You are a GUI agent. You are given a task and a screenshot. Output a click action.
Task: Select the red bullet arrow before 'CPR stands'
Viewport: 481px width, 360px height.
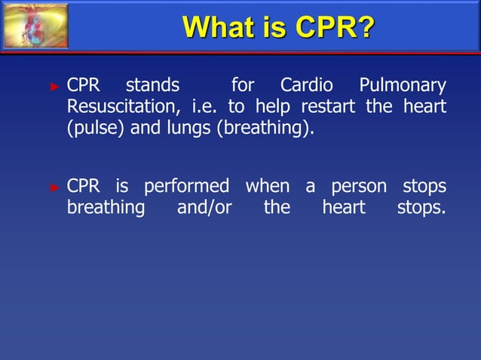(54, 87)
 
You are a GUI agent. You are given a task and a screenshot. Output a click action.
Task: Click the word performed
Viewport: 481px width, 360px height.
(186, 186)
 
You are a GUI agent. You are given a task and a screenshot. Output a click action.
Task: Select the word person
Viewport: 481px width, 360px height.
(359, 186)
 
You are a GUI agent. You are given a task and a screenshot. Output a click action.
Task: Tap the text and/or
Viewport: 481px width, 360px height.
(204, 207)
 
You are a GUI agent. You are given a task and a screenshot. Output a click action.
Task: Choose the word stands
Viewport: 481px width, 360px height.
(152, 85)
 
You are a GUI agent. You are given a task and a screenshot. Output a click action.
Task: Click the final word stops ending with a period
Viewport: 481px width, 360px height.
(421, 207)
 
